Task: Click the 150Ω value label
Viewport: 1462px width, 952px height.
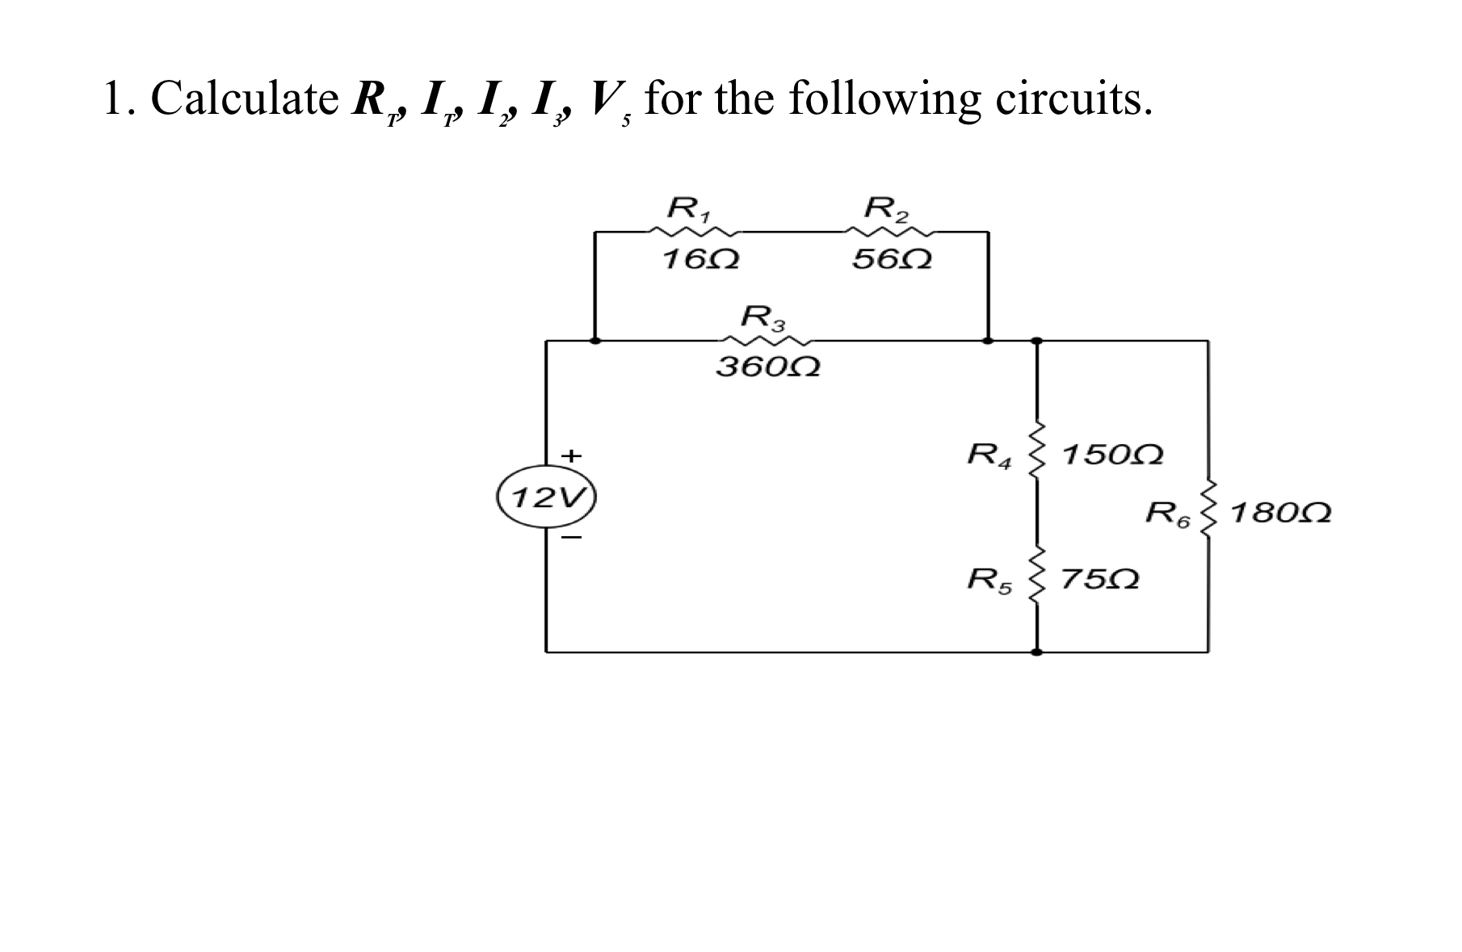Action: click(1113, 455)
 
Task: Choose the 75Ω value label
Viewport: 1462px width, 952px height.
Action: click(1099, 580)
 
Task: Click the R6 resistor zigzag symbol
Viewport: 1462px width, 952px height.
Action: click(1208, 510)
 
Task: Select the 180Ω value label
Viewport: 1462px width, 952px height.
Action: click(1282, 513)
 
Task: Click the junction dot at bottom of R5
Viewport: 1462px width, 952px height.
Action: click(1037, 651)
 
